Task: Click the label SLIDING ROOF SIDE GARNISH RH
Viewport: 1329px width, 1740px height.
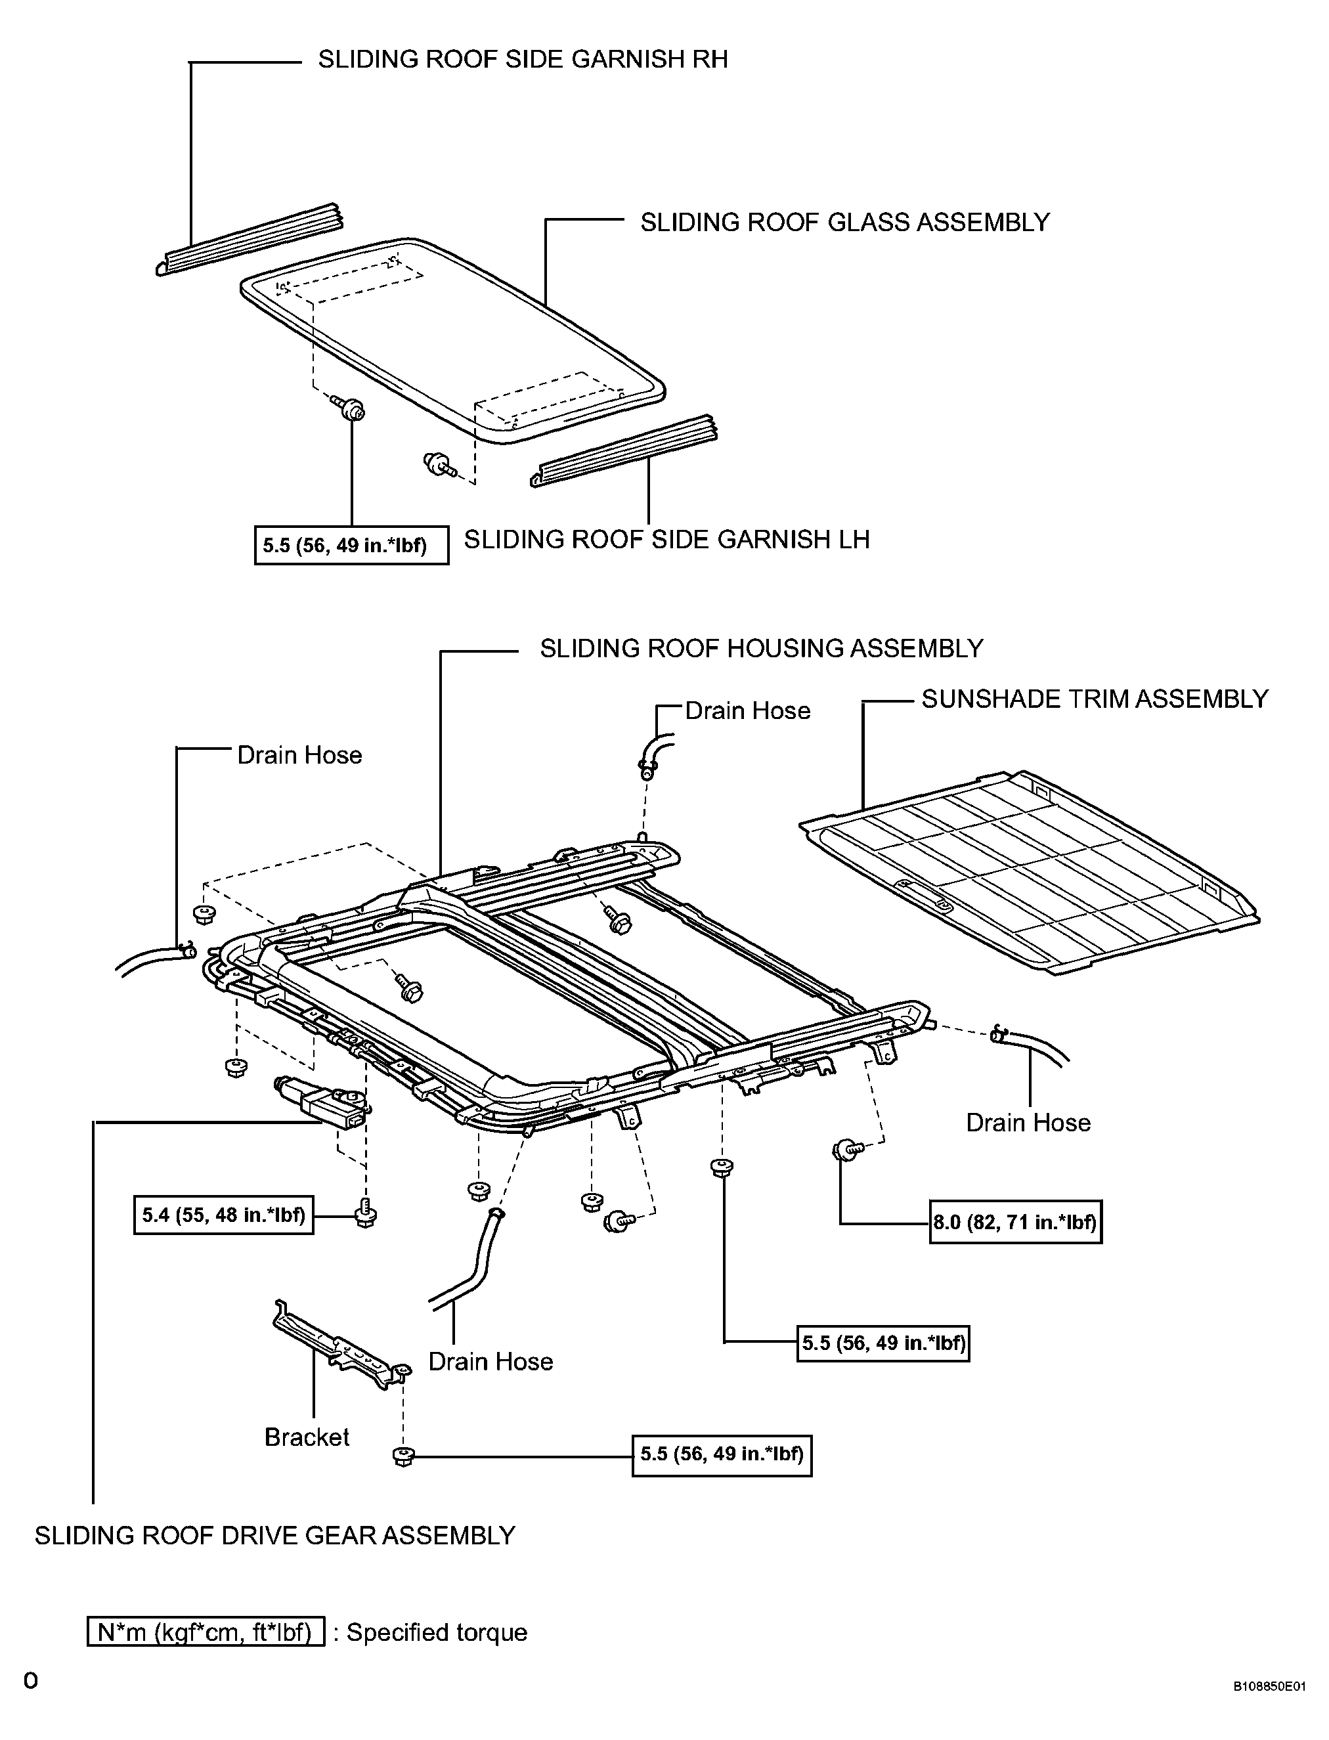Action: coord(523,59)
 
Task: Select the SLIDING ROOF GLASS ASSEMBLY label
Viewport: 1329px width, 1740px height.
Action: coord(845,222)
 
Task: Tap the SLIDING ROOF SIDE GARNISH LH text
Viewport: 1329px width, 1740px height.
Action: coord(667,540)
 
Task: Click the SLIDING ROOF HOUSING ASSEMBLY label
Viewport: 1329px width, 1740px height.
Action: coord(761,649)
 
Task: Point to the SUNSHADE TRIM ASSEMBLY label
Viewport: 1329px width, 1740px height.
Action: coord(1095,699)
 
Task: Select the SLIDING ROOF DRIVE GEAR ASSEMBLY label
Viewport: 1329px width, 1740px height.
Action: coord(275,1535)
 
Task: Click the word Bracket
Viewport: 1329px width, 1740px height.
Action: coord(307,1437)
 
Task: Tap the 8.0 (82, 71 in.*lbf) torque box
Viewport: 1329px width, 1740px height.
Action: coord(1016,1222)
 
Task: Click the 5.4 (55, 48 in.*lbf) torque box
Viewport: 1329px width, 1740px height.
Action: coord(224,1215)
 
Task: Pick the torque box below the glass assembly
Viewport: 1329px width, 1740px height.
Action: coord(351,545)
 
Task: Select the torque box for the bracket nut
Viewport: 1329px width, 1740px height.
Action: coord(722,1454)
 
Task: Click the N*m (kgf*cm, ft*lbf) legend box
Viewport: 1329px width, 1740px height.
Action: coord(206,1632)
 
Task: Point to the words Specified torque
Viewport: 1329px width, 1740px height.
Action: coord(437,1632)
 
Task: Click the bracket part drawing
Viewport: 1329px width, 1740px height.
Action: coord(340,1345)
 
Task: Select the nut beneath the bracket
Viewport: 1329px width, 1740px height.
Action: coord(403,1455)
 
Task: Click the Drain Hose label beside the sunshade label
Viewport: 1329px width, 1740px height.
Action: coord(747,710)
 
